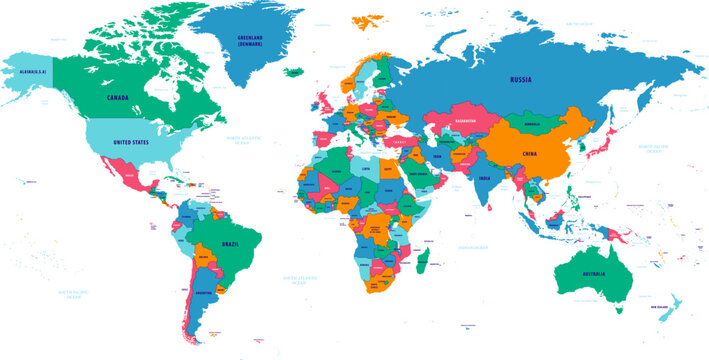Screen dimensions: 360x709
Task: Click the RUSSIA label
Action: point(520,77)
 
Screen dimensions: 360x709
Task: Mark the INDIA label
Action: point(483,179)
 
